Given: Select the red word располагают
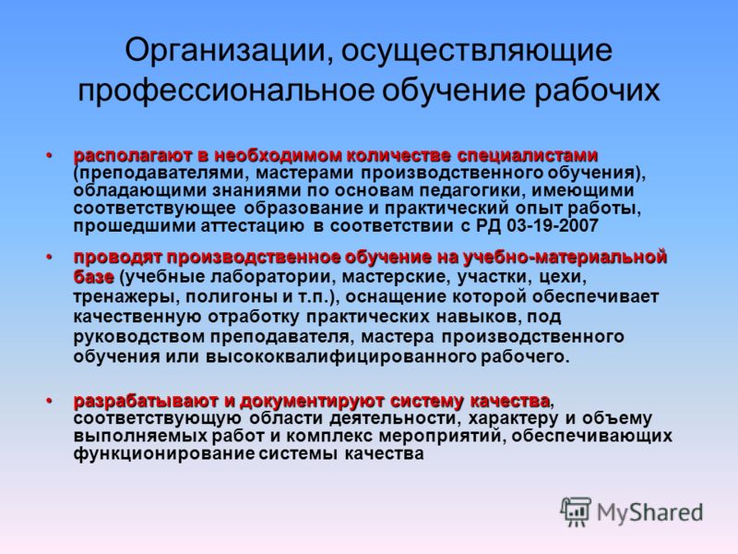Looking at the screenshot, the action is (x=133, y=155).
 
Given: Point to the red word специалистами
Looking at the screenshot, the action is (x=528, y=155).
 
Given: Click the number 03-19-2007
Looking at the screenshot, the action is (x=553, y=225).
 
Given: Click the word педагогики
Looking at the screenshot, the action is (x=474, y=191).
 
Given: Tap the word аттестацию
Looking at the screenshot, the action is (x=253, y=226).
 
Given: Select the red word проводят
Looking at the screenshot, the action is (x=118, y=258).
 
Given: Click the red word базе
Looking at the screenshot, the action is (x=94, y=277).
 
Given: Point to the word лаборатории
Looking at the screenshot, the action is (x=272, y=277).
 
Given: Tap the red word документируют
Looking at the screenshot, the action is (x=313, y=402).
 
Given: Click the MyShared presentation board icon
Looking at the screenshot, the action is (x=576, y=512).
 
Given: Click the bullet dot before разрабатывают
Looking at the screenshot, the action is (x=49, y=401).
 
